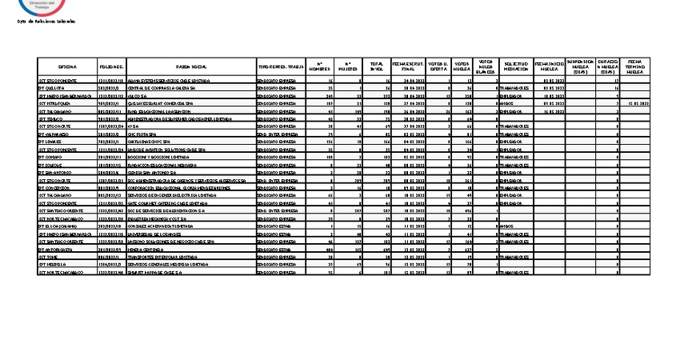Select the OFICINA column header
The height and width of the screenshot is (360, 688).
pyautogui.click(x=66, y=66)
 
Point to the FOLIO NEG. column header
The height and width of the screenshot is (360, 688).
pyautogui.click(x=111, y=66)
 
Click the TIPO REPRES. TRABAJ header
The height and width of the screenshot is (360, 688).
pyautogui.click(x=281, y=66)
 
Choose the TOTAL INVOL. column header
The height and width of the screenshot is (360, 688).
pyautogui.click(x=376, y=66)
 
